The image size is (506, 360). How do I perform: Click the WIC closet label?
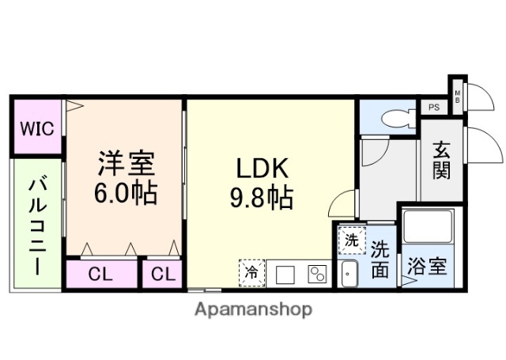click(37, 128)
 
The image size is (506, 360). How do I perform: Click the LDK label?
click(264, 169)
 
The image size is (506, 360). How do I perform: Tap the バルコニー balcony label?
click(36, 225)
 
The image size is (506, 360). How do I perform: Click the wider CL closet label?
click(100, 275)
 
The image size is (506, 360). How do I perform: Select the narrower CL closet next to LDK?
click(162, 275)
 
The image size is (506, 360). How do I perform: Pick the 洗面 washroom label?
click(380, 260)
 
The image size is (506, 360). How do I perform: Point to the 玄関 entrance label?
click(441, 161)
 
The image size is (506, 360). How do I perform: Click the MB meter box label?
click(457, 96)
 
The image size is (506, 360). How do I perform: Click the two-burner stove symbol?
click(318, 275)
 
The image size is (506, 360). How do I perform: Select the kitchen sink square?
click(286, 275)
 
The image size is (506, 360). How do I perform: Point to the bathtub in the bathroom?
click(427, 227)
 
